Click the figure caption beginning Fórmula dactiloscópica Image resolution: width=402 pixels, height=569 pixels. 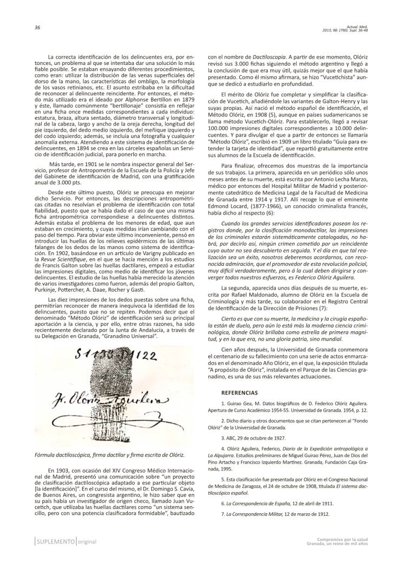108,455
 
